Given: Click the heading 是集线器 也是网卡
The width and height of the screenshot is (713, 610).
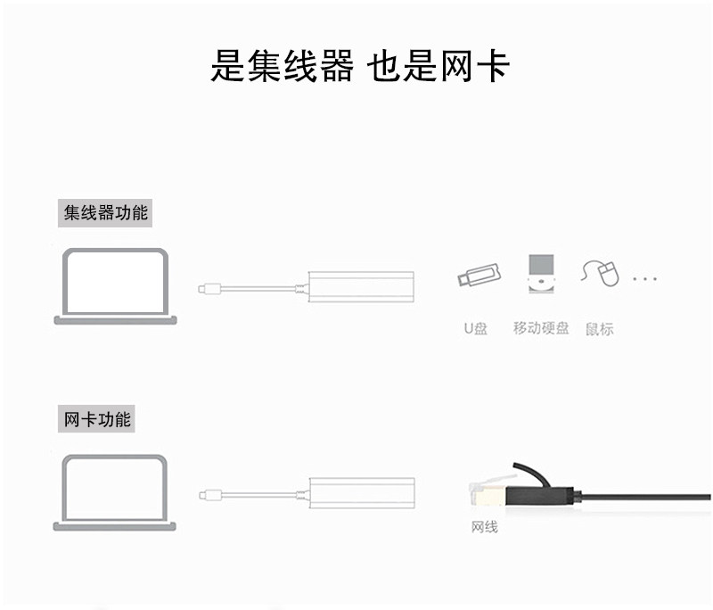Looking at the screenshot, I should (x=360, y=66).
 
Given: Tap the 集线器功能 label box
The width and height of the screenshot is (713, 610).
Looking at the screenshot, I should (x=106, y=214).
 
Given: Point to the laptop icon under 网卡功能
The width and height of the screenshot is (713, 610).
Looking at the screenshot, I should (x=114, y=493).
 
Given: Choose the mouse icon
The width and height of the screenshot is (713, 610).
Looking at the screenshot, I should (x=601, y=273).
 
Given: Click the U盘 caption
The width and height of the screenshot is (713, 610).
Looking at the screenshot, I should (x=476, y=328).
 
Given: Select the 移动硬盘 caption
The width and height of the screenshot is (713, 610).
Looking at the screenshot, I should (x=541, y=328).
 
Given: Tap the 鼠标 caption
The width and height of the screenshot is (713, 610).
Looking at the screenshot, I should (x=600, y=328).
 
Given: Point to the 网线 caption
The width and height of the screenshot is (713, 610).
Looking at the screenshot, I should (x=484, y=527).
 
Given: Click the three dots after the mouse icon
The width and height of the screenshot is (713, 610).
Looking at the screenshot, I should (x=644, y=279).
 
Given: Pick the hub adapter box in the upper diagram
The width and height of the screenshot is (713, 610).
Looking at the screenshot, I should (x=360, y=286).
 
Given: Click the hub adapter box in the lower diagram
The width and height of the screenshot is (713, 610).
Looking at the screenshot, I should (x=360, y=493).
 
